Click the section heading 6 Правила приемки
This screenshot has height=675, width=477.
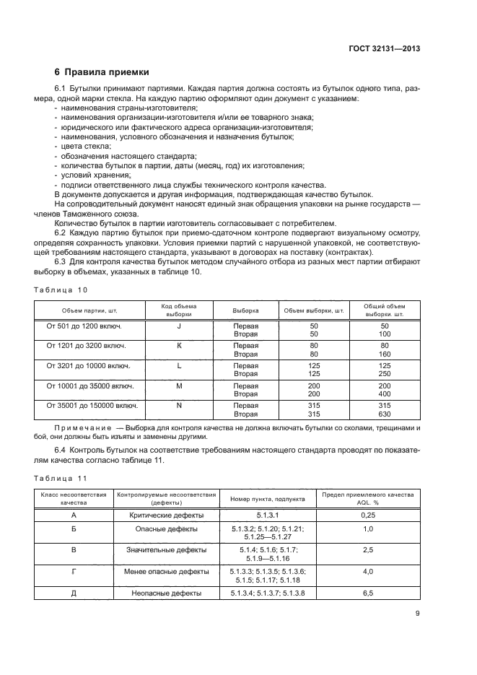(102, 72)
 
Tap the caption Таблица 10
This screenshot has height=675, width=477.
(61, 289)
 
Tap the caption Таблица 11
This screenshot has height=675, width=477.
(61, 478)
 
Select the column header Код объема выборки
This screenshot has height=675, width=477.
(179, 310)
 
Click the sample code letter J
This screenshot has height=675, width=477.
(179, 326)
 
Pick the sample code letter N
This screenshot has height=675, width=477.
(179, 406)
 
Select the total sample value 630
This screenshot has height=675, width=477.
(385, 414)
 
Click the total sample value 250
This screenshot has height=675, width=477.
(385, 375)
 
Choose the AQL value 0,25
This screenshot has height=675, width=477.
(367, 515)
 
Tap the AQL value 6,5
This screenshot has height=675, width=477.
(367, 593)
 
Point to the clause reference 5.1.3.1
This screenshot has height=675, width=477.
(268, 515)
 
